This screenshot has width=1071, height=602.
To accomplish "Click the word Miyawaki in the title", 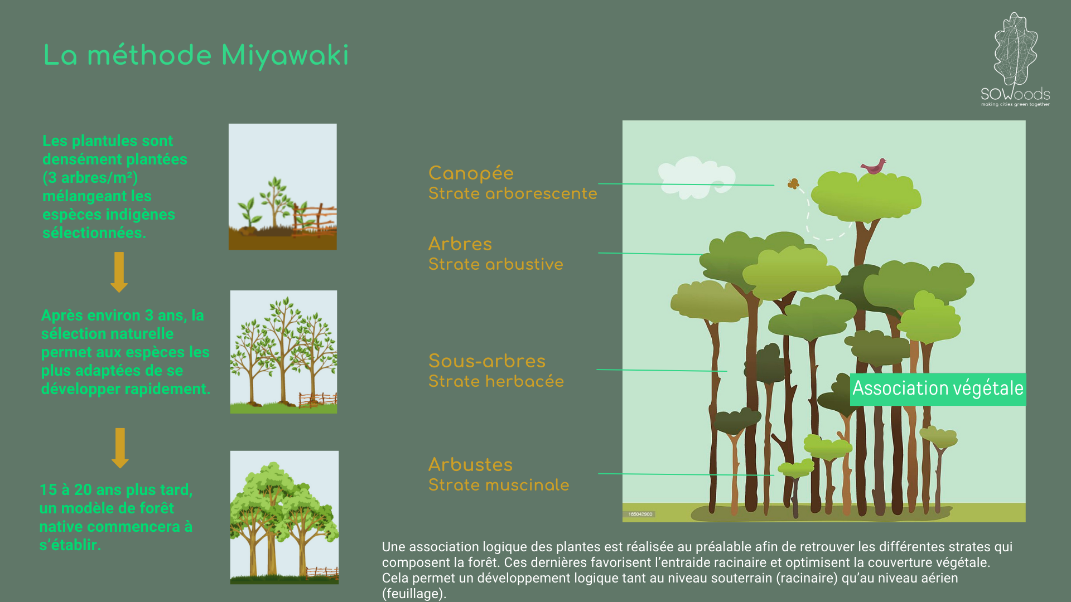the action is [285, 56].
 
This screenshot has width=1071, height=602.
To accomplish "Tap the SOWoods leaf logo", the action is [1015, 59].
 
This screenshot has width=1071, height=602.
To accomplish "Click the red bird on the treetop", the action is [874, 166].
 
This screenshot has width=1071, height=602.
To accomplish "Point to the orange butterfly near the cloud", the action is [793, 183].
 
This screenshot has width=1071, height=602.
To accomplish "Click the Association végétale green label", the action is [938, 389].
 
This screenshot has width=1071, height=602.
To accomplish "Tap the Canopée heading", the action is [471, 173].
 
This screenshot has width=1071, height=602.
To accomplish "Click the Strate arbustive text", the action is [495, 264].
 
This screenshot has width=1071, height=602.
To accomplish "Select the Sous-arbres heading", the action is [487, 361].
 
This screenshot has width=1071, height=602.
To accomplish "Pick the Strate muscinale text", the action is [499, 485].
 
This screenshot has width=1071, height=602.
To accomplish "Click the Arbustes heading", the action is [470, 464].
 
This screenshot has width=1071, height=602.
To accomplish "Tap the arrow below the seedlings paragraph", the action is [119, 272].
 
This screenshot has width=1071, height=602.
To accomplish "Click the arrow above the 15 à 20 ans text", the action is [120, 448].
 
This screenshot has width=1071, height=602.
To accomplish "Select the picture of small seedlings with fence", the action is [283, 187].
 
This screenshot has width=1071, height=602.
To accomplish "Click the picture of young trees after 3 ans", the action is [283, 352].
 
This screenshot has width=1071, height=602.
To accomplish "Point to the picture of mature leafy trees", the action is [284, 517].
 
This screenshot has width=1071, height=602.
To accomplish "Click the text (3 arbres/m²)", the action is [90, 178].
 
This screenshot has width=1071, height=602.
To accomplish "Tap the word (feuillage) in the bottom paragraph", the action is [414, 594].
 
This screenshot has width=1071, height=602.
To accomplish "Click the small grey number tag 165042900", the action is [640, 514].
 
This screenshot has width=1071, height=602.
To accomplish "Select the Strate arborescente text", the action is [513, 193].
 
